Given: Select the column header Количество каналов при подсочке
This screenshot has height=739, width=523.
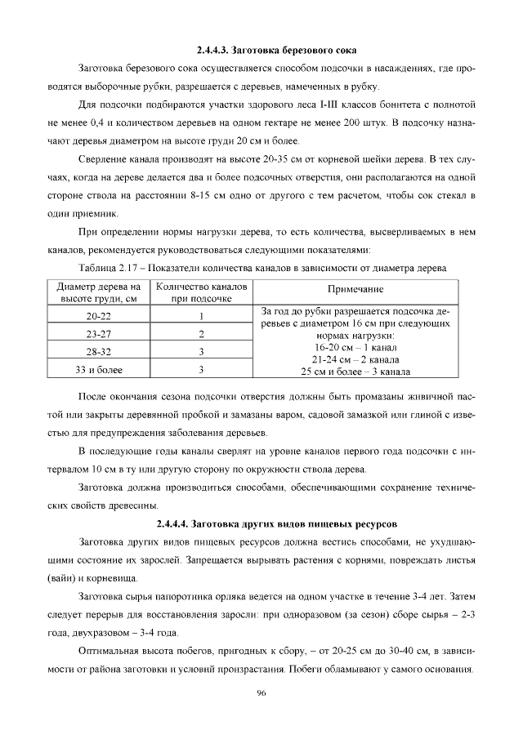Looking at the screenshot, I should pyautogui.click(x=200, y=292).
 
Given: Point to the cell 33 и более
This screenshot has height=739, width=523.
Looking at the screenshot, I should pyautogui.click(x=100, y=370).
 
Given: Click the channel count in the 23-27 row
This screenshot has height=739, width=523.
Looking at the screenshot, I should pyautogui.click(x=200, y=334).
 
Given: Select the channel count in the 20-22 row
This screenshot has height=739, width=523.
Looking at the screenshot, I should pyautogui.click(x=200, y=316).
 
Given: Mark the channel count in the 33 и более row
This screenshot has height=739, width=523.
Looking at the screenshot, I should pyautogui.click(x=200, y=370).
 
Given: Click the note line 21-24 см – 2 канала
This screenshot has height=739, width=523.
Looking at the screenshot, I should pyautogui.click(x=355, y=358).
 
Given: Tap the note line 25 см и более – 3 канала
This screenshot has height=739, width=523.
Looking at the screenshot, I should pyautogui.click(x=355, y=371).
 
